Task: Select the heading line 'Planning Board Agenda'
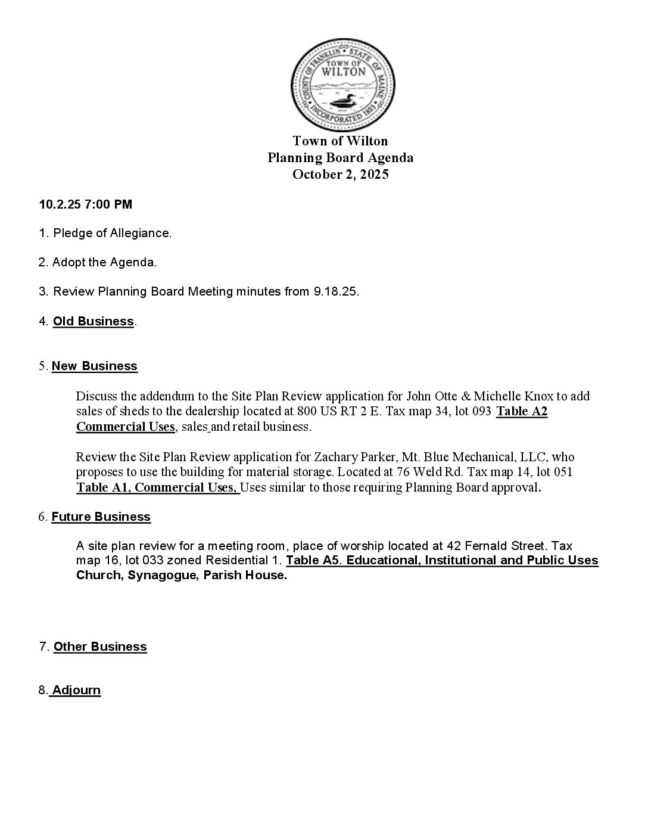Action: (340, 158)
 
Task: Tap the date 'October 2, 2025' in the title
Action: (340, 175)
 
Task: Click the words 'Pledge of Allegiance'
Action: (111, 233)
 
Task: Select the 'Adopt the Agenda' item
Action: (104, 262)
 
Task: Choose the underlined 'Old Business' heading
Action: (94, 321)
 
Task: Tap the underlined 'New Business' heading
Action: (95, 366)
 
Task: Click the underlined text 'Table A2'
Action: (522, 411)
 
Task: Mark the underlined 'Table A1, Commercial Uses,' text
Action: (157, 487)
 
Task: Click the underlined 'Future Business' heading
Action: (101, 517)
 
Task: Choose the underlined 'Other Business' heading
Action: (100, 647)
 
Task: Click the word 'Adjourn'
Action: (76, 690)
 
